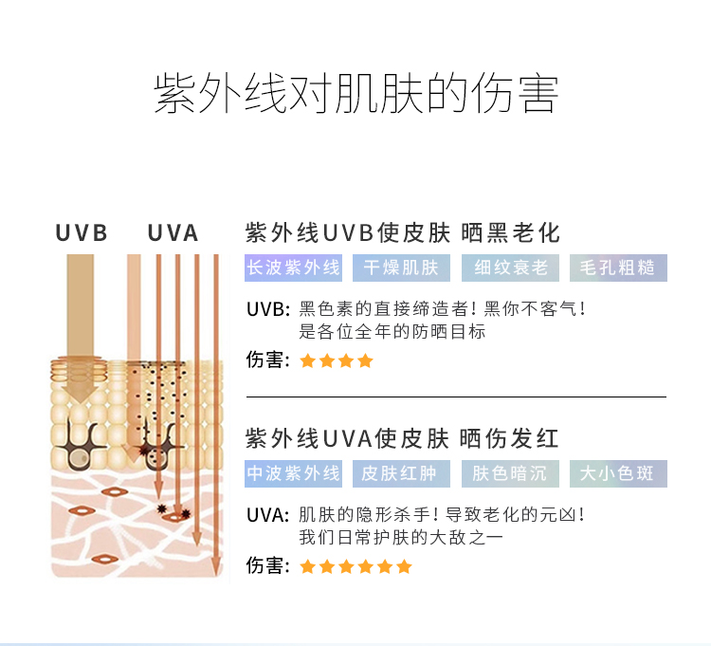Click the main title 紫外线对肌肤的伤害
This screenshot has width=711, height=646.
pyautogui.click(x=355, y=94)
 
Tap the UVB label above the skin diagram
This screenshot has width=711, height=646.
pyautogui.click(x=82, y=233)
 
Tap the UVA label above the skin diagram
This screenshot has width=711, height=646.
pyautogui.click(x=173, y=233)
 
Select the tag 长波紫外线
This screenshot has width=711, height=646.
pyautogui.click(x=293, y=268)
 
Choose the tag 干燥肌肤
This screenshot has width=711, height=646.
pyautogui.click(x=401, y=268)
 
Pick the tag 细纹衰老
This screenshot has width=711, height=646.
pyautogui.click(x=510, y=268)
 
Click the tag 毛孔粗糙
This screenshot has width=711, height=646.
pyautogui.click(x=618, y=268)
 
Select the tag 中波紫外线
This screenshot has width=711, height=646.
pyautogui.click(x=293, y=473)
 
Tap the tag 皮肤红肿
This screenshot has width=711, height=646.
pyautogui.click(x=401, y=473)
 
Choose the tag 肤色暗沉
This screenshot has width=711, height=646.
pyautogui.click(x=510, y=473)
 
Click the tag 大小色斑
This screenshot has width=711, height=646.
pyautogui.click(x=618, y=473)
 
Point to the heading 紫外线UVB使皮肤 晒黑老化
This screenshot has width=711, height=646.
pyautogui.click(x=403, y=233)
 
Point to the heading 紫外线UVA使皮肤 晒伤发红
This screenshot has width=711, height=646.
pyautogui.click(x=402, y=438)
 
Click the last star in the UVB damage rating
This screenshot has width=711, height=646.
pyautogui.click(x=365, y=361)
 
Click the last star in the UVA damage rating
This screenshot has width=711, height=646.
pyautogui.click(x=404, y=566)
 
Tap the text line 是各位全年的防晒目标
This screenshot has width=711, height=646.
pyautogui.click(x=392, y=332)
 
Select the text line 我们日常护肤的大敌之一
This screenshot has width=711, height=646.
pyautogui.click(x=401, y=538)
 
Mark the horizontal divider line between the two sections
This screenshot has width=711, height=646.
pyautogui.click(x=456, y=397)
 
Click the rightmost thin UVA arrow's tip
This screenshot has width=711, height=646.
pyautogui.click(x=216, y=575)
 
